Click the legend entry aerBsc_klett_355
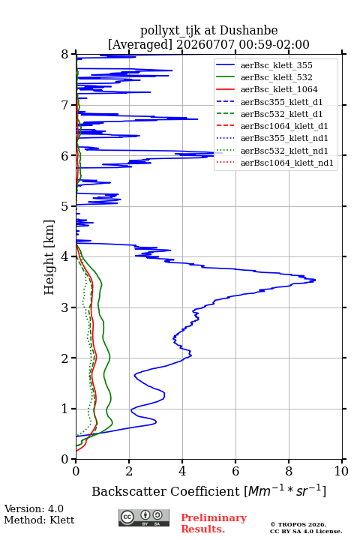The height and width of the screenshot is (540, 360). pyautogui.click(x=276, y=65)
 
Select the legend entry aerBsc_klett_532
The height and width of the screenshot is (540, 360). pyautogui.click(x=276, y=77)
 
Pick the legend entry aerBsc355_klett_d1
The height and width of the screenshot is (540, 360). pyautogui.click(x=281, y=102)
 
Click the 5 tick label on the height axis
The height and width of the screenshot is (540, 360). pyautogui.click(x=64, y=206)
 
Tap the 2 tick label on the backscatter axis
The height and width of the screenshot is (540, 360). pyautogui.click(x=129, y=471)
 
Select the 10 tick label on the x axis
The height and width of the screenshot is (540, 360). pyautogui.click(x=342, y=471)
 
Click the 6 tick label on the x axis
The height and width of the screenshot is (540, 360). pyautogui.click(x=235, y=471)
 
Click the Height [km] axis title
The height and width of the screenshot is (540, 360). pyautogui.click(x=49, y=257)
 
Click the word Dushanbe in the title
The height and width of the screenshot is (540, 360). pyautogui.click(x=248, y=31)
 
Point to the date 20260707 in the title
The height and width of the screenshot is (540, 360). pyautogui.click(x=205, y=44)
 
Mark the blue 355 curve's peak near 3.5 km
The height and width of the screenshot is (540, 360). pyautogui.click(x=315, y=280)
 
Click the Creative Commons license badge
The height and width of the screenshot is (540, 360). pyautogui.click(x=144, y=518)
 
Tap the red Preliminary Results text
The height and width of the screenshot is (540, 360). pyautogui.click(x=214, y=523)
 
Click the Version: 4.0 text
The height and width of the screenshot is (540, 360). pyautogui.click(x=34, y=508)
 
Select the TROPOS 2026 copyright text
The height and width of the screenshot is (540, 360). pyautogui.click(x=298, y=524)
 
